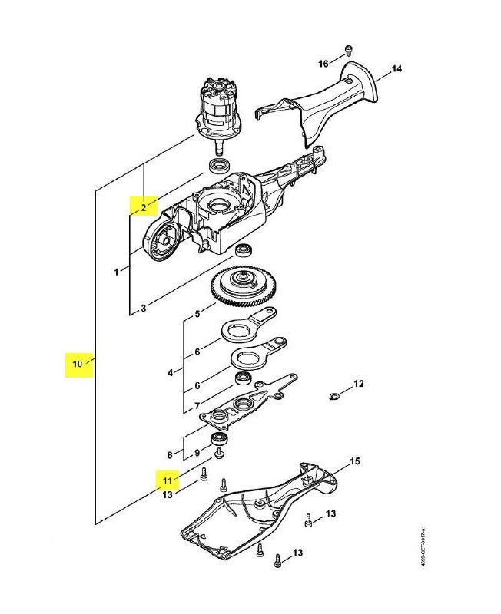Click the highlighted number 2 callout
point(143,206)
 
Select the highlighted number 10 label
point(78,363)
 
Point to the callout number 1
point(117,271)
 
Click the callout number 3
point(143,309)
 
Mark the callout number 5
point(197,314)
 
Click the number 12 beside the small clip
point(359,383)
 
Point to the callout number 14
point(396,69)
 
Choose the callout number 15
point(355,461)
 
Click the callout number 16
point(323,62)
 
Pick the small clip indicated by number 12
point(333,394)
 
